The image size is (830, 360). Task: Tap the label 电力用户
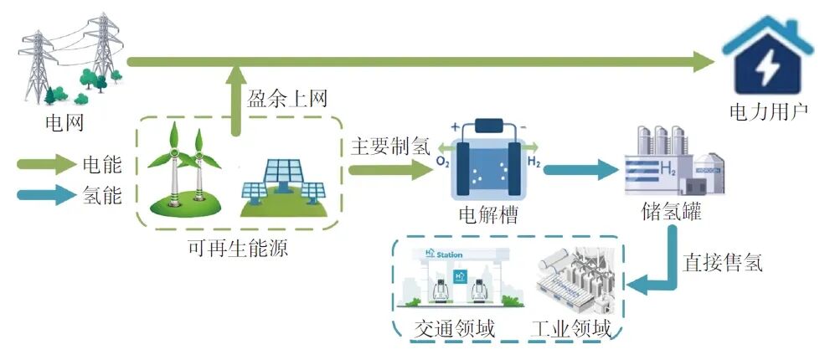(x=768, y=110)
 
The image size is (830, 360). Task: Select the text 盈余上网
(x=286, y=98)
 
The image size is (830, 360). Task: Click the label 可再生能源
(x=239, y=248)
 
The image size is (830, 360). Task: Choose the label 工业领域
(x=570, y=329)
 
